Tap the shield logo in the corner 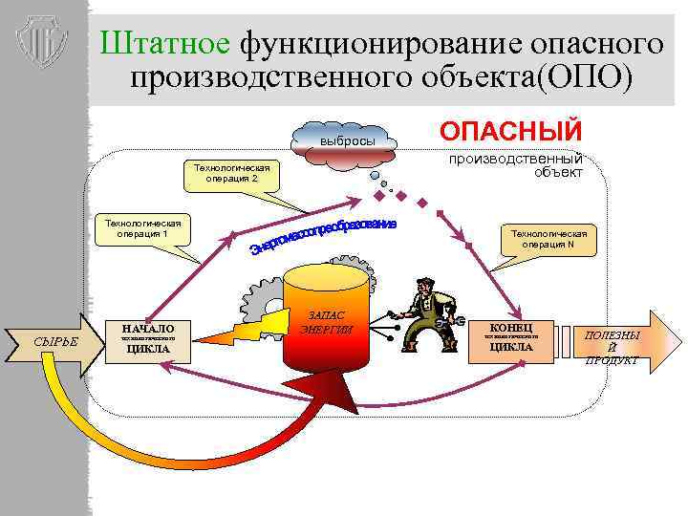coord(44,42)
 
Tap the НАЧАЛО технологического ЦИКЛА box coord(148,338)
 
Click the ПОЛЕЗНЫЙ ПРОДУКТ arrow coord(616,342)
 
